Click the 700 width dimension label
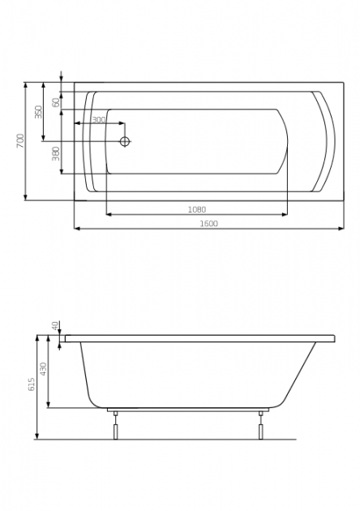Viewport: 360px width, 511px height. coord(20,141)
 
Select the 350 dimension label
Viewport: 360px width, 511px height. coord(39,112)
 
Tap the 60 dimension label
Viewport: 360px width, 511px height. coord(57,102)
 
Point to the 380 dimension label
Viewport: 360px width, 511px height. coord(56,154)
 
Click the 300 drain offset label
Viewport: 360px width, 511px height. coord(99,119)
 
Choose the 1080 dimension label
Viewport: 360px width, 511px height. coord(197,209)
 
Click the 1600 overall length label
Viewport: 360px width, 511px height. coord(209,224)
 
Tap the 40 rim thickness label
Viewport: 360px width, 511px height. coord(55,325)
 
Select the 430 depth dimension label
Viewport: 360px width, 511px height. coord(44,369)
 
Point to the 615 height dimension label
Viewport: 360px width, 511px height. coord(32,385)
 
